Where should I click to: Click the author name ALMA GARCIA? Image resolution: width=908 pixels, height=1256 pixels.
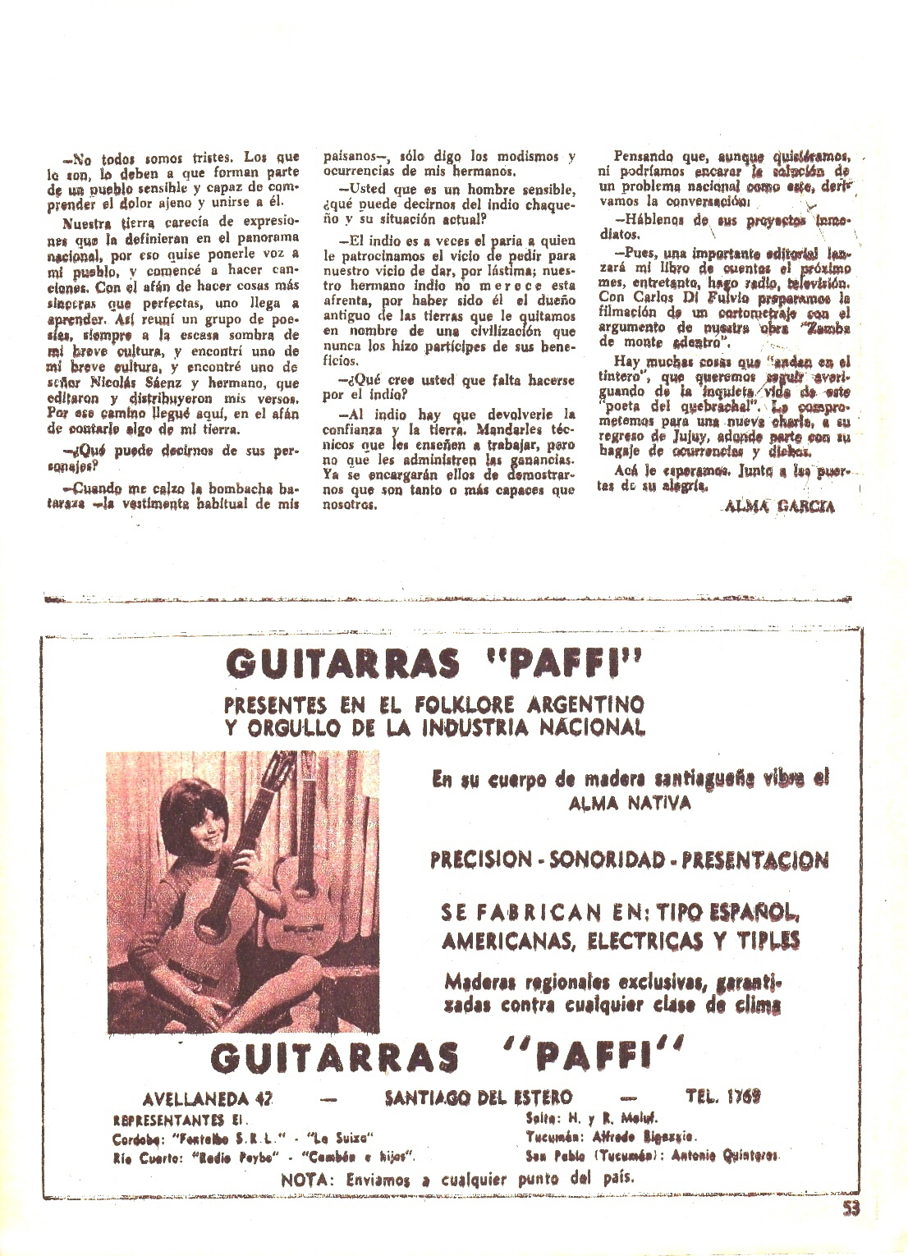[780, 507]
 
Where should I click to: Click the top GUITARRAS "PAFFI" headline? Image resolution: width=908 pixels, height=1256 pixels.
[432, 664]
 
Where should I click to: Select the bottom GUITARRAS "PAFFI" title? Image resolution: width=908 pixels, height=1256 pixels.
[447, 1058]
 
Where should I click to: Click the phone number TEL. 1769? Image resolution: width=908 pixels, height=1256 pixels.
[722, 1096]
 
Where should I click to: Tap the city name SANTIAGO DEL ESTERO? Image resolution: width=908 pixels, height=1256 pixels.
[479, 1097]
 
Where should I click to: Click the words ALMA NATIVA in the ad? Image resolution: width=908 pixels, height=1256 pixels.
[630, 804]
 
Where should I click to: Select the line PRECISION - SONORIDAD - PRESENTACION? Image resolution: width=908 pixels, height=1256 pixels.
[629, 859]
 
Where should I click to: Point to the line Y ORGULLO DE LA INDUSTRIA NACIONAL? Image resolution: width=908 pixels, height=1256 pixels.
[435, 727]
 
